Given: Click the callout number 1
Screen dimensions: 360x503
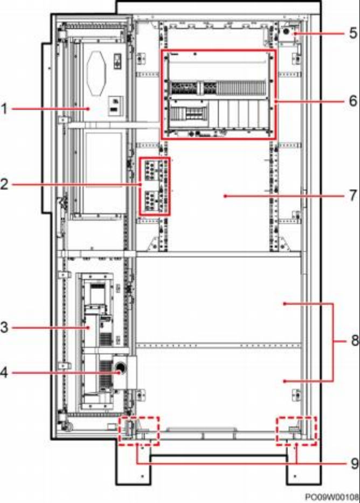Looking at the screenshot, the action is [x=4, y=109].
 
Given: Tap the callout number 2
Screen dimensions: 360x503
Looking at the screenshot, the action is [x=4, y=184].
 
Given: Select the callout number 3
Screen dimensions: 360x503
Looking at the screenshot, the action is [x=4, y=328].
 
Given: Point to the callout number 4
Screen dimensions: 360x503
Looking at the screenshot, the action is [x=4, y=373].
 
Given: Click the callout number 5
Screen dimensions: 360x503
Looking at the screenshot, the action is [x=353, y=33].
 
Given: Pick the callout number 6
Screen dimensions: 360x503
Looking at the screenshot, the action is [x=353, y=101].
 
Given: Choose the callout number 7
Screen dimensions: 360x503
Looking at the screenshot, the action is [x=353, y=195].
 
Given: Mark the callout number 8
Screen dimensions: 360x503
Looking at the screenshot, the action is [x=355, y=340].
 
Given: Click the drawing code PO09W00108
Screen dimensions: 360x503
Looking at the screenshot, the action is [x=332, y=497].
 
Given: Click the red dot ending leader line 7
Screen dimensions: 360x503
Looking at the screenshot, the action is [x=225, y=196].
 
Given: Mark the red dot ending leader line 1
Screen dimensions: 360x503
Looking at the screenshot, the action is [x=88, y=109].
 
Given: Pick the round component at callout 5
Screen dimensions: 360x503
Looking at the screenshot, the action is [x=286, y=32].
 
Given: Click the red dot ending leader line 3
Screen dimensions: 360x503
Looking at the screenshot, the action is [x=90, y=328].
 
